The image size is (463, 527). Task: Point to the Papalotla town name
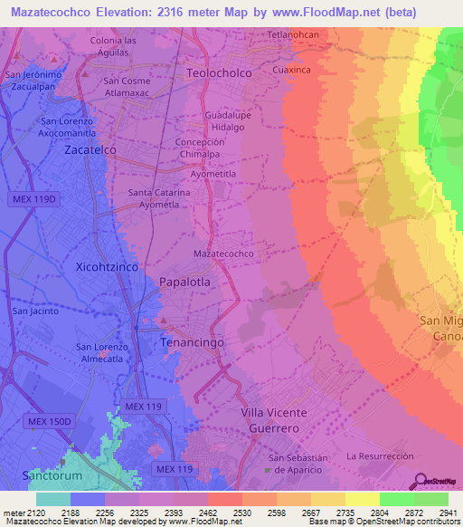[x=184, y=282]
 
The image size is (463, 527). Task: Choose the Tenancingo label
[x=191, y=343]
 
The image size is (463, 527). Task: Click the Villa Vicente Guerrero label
[x=274, y=419]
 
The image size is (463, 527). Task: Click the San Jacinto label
[x=35, y=311]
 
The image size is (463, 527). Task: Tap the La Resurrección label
[x=380, y=455]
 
